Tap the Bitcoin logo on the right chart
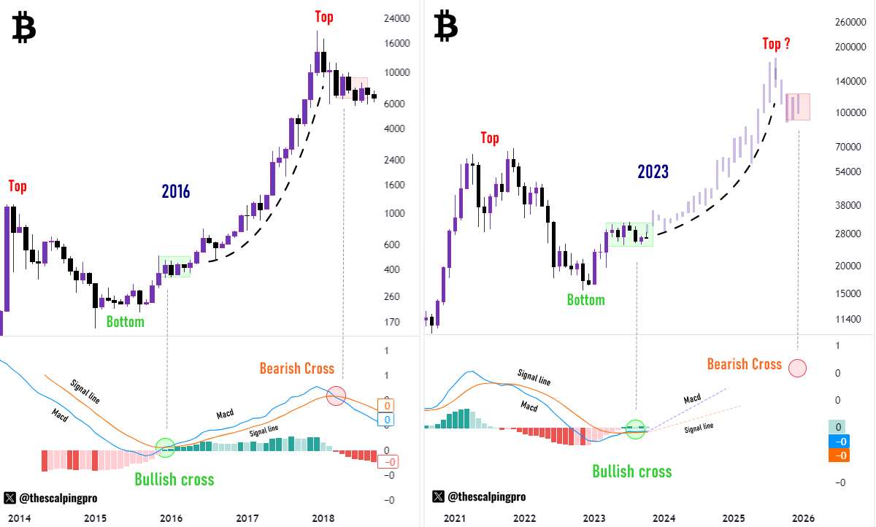pos(445,26)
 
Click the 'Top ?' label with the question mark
pos(776,44)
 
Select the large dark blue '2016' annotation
pos(176,192)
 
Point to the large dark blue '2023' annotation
pos(653,172)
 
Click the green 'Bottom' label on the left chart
pos(125,321)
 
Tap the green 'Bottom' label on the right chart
pos(586,299)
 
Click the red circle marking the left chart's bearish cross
pos(336,396)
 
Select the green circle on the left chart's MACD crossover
pos(165,447)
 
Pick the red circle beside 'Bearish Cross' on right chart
pos(796,368)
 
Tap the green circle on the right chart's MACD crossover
pos(636,429)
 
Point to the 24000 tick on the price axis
pos(397,19)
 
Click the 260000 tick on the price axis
pos(849,23)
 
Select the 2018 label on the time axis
pos(323,518)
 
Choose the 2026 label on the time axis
pos(803,518)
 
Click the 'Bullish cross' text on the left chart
pos(174,480)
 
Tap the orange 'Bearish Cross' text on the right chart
pos(744,363)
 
